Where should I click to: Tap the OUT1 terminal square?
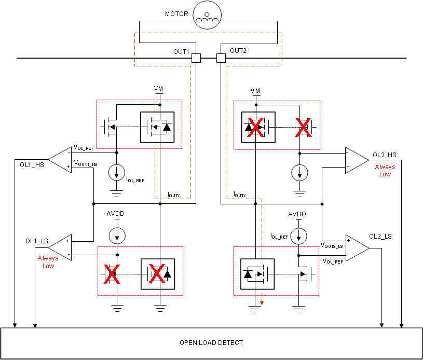pos(196,58)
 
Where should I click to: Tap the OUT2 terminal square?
pos(221,58)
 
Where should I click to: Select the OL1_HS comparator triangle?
pos(60,158)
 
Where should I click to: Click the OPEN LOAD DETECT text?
pos(211,343)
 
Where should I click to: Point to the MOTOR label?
pos(176,13)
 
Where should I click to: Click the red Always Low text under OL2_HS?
pos(385,171)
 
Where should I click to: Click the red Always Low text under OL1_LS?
pos(48,262)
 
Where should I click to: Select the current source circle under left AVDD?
pos(117,235)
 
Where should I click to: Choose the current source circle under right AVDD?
pos(298,235)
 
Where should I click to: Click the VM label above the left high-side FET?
pos(159,89)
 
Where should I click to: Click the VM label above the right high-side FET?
pos(255,91)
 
